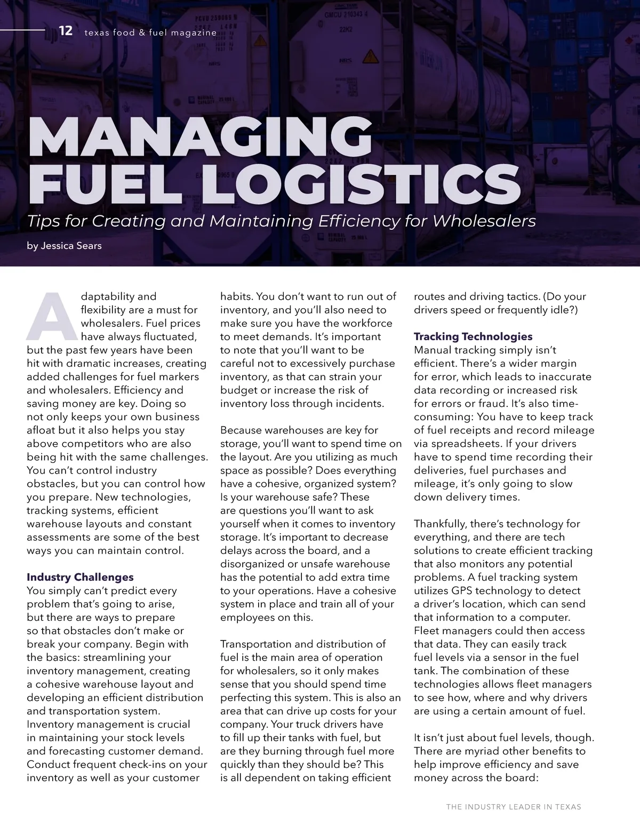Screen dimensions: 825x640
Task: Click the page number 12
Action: tap(66, 31)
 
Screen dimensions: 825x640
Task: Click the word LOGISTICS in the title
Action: tap(361, 185)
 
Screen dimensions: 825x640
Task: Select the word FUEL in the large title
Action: tap(109, 185)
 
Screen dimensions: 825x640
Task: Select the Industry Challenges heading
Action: tap(80, 577)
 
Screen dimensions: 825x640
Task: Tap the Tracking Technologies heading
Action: tap(473, 337)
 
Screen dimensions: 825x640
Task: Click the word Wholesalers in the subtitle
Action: tap(485, 221)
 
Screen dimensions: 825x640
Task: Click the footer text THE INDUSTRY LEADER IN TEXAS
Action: tap(514, 807)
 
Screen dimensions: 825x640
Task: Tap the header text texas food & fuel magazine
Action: tap(150, 33)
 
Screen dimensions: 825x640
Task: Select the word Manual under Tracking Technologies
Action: tap(433, 350)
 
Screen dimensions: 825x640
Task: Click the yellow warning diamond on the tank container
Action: tap(370, 56)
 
